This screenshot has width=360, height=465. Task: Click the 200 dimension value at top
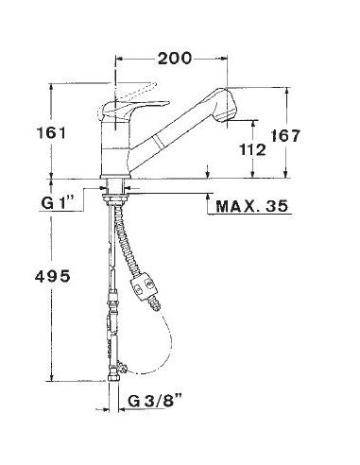(175, 59)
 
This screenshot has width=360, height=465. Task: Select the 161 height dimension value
(52, 132)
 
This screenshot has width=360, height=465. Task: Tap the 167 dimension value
(285, 136)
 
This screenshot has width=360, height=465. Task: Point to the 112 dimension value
(252, 149)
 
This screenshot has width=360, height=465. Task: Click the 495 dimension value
(53, 277)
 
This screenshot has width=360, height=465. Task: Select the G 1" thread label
(58, 202)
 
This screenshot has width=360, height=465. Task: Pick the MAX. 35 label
(251, 206)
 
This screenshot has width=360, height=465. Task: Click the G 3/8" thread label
(155, 401)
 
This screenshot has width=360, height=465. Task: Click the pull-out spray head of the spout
(224, 105)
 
